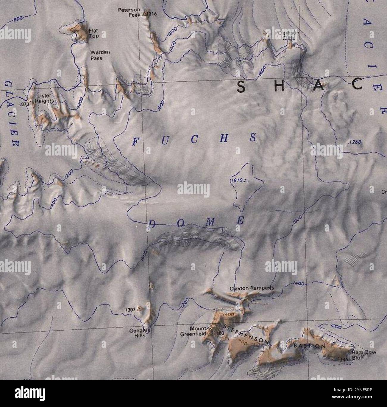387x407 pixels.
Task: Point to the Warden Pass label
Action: coord(100,55)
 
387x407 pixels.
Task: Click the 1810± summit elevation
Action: coord(238,181)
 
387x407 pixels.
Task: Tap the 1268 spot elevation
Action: coord(354,143)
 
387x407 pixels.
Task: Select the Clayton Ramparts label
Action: coord(252,288)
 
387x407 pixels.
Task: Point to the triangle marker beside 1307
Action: coord(138,310)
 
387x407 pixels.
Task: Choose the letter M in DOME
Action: coord(210,222)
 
